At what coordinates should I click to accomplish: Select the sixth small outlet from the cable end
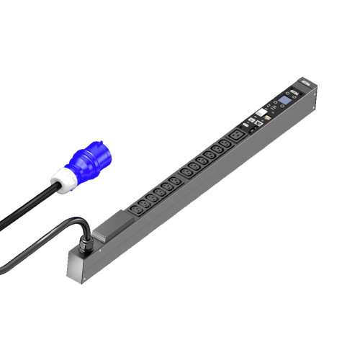tap(175, 181)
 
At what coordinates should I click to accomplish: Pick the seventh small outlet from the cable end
tap(186, 172)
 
